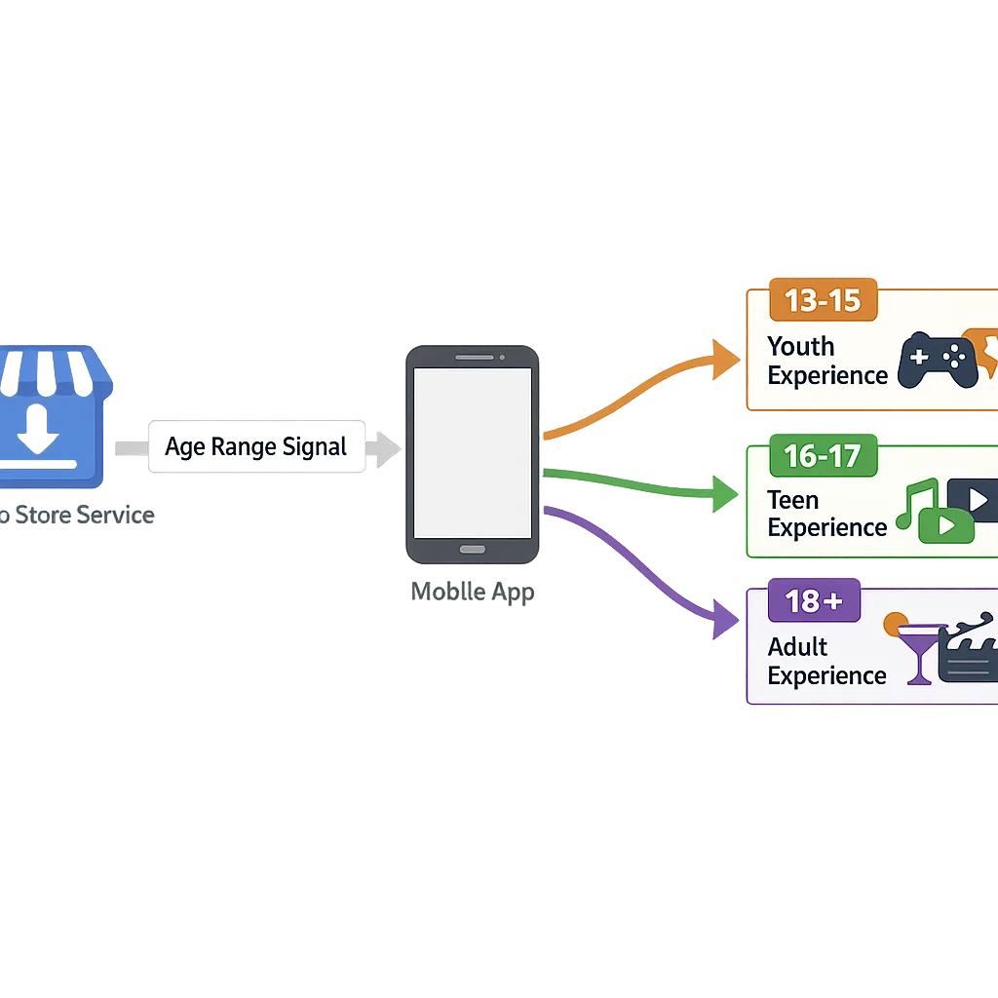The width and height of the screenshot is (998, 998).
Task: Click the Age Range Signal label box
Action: tap(256, 447)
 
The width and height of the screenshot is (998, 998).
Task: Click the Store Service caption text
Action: tap(78, 516)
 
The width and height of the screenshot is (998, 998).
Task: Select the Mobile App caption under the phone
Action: tap(473, 592)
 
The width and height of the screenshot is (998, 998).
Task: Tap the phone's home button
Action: tap(473, 550)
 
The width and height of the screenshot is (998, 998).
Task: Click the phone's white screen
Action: tap(473, 452)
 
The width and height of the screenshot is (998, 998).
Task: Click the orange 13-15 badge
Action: tap(823, 301)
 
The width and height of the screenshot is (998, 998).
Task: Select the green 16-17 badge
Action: tap(823, 455)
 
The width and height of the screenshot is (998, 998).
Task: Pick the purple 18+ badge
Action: tap(814, 601)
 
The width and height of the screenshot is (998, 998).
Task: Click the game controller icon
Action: tap(937, 361)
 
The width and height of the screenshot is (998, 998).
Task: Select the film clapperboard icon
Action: tap(969, 649)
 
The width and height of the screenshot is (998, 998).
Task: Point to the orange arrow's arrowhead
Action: tap(726, 359)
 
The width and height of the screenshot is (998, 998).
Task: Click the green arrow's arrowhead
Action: tap(726, 494)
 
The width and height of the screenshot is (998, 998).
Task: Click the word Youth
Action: tap(800, 347)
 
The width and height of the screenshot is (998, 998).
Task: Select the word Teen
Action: tap(792, 500)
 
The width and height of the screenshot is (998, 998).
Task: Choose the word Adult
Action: tap(797, 647)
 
